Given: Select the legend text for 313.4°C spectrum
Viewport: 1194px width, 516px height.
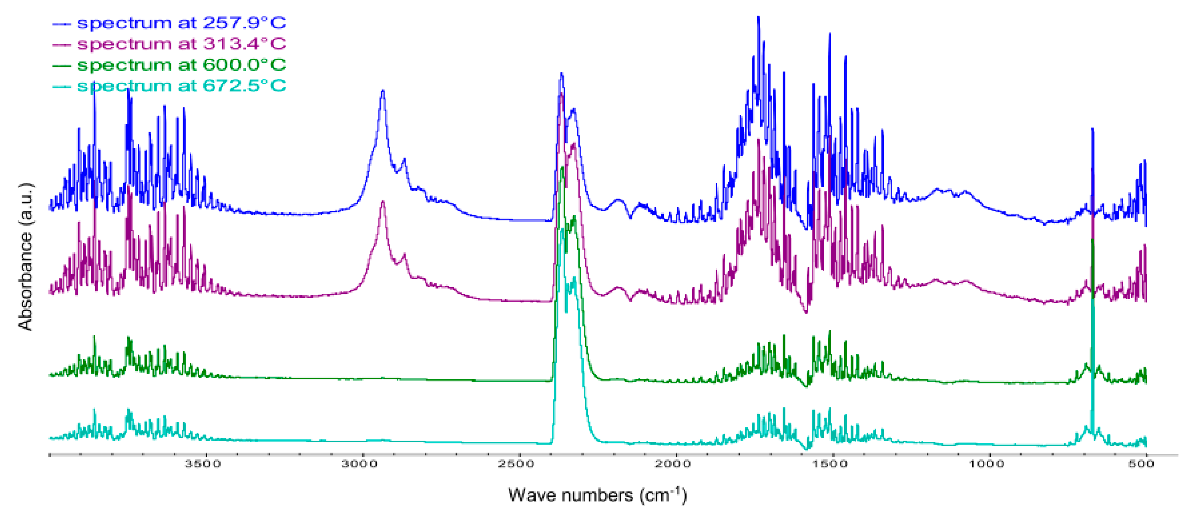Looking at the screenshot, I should [x=181, y=44].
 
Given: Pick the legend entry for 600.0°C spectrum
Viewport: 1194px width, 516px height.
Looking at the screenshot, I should [x=181, y=65].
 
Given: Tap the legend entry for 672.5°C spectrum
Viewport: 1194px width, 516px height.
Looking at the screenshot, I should [x=181, y=86].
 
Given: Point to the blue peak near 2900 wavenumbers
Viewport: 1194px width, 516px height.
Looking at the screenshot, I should [x=383, y=92].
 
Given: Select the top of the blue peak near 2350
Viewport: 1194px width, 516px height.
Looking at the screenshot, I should [x=561, y=74].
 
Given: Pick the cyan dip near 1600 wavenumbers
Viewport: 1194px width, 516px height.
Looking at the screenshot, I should [x=806, y=448].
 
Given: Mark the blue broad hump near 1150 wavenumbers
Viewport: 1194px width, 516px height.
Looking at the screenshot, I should [x=937, y=190].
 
